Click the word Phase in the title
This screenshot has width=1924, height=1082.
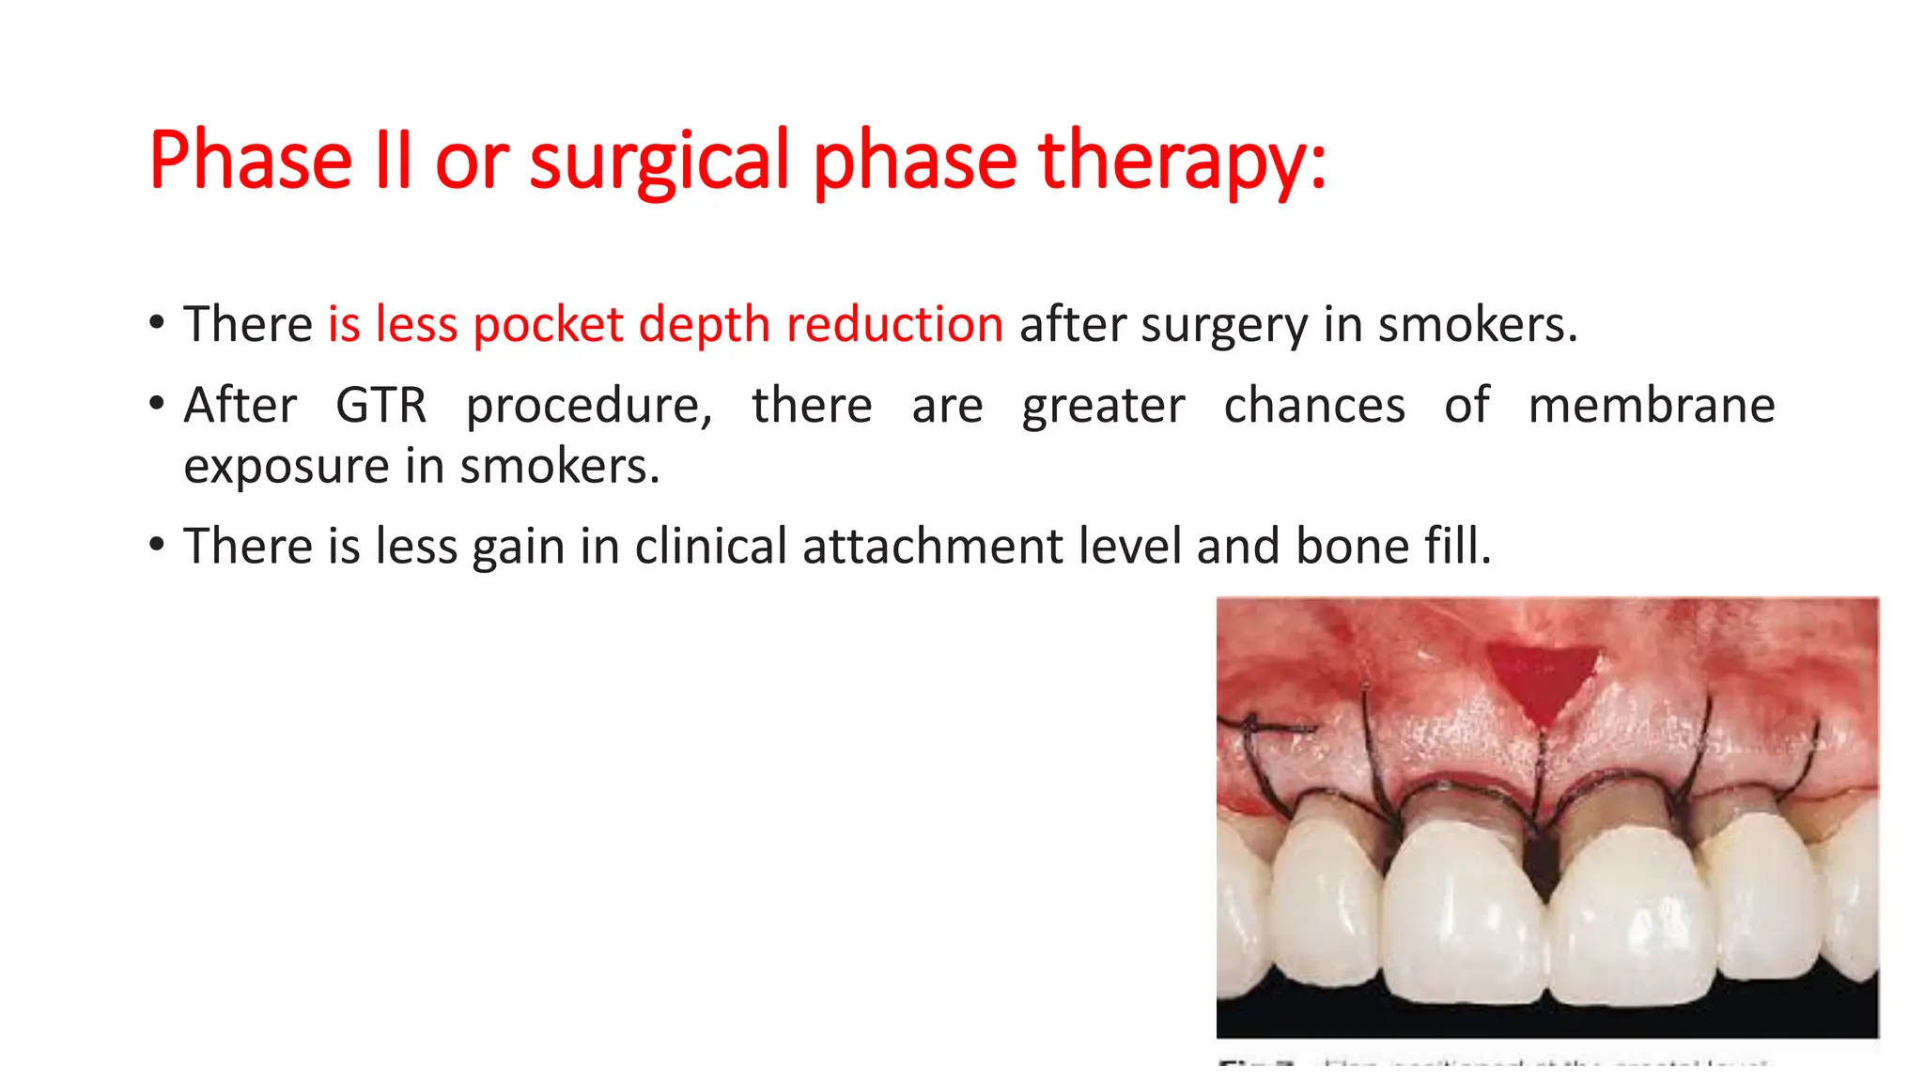250,161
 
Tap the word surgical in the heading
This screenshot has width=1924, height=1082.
659,161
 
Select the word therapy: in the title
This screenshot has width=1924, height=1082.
1182,161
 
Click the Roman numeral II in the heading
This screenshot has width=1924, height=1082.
393,161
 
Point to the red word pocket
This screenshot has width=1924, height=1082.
548,325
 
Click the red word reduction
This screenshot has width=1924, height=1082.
894,325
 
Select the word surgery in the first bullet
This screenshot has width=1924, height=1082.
1224,325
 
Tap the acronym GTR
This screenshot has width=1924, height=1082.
380,406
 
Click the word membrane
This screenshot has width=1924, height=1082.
1651,406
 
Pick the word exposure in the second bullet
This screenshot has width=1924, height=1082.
286,466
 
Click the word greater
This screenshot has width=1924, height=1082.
1103,406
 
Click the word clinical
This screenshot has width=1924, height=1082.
710,547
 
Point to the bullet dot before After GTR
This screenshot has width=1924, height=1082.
157,405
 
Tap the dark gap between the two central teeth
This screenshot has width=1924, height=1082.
1542,864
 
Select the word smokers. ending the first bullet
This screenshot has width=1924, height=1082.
1477,325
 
